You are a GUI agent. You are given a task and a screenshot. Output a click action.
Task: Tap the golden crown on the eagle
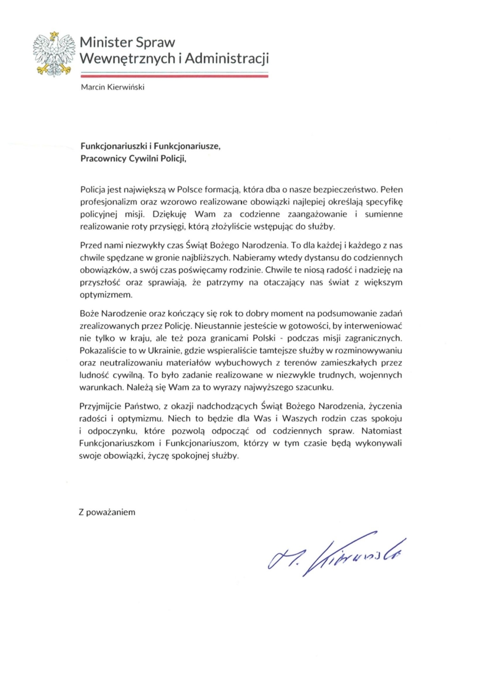pos(54,34)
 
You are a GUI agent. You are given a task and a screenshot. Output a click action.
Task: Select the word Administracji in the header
pos(227,59)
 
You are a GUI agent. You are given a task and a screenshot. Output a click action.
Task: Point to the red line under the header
pos(174,76)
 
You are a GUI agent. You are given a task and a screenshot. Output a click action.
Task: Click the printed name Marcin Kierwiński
pos(112,87)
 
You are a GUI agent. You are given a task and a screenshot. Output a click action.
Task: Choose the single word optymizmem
pos(106,295)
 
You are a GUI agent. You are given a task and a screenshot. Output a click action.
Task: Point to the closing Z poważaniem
pos(107,512)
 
